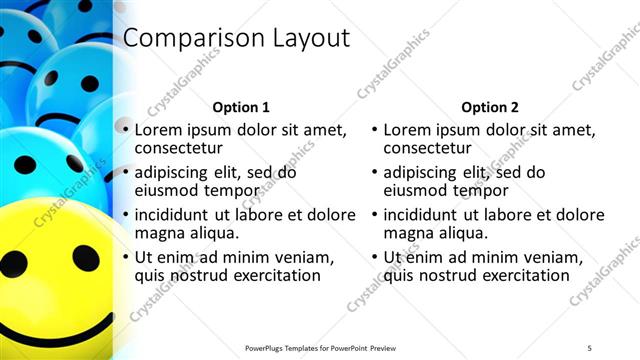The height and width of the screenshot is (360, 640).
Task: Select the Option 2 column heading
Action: (x=489, y=107)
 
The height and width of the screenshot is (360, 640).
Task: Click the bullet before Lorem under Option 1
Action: (x=125, y=130)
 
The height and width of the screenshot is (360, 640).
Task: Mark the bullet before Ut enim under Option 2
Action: (x=374, y=257)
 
